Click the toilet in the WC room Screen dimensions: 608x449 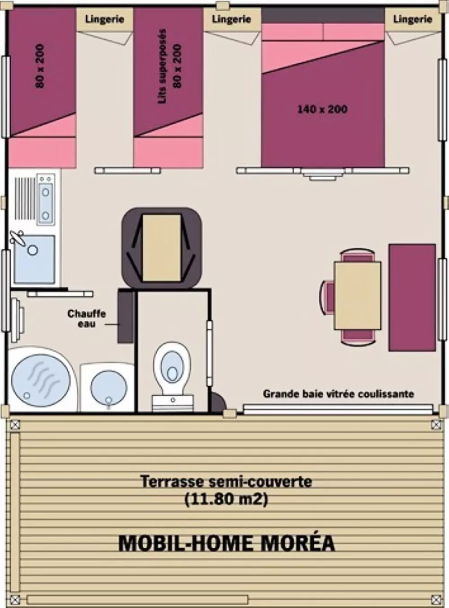pyautogui.click(x=172, y=366)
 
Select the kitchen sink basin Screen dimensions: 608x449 pyautogui.click(x=34, y=259)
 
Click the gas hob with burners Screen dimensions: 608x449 pyautogui.click(x=45, y=197)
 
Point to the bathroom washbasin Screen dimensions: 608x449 pyautogui.click(x=108, y=387)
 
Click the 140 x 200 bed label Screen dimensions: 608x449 pyautogui.click(x=322, y=109)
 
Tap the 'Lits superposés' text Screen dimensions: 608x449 pyautogui.click(x=162, y=66)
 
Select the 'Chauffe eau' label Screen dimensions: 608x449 pyautogui.click(x=87, y=318)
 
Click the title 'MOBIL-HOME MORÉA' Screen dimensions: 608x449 pyautogui.click(x=226, y=543)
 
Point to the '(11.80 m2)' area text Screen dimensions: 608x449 pyautogui.click(x=226, y=499)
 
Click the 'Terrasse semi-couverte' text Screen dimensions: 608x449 pyautogui.click(x=226, y=481)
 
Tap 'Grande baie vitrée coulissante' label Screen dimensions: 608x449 pyautogui.click(x=338, y=394)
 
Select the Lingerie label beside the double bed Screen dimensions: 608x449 pyautogui.click(x=412, y=19)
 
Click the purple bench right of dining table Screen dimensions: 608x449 pyautogui.click(x=412, y=297)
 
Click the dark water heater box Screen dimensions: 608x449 pyautogui.click(x=126, y=316)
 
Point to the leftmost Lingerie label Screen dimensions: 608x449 pyautogui.click(x=104, y=19)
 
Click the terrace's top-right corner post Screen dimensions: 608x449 pyautogui.click(x=435, y=425)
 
